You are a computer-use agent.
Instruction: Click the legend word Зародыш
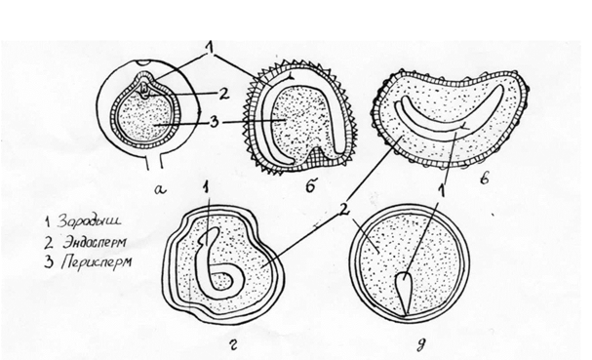point(89,221)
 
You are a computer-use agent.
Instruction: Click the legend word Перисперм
point(97,261)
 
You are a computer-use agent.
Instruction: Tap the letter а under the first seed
point(160,189)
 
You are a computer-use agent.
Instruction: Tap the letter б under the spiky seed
point(310,186)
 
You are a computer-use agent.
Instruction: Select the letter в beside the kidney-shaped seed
point(484,178)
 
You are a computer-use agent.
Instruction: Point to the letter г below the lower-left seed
point(234,344)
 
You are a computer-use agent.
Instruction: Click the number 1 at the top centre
point(209,48)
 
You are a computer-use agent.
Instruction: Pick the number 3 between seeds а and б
point(215,122)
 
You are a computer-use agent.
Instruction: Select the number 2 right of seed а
point(224,94)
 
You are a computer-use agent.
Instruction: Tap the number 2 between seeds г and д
point(343,211)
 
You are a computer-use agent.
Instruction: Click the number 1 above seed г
point(206,186)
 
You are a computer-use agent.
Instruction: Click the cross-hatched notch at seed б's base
point(321,156)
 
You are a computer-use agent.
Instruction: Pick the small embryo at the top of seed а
point(144,92)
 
